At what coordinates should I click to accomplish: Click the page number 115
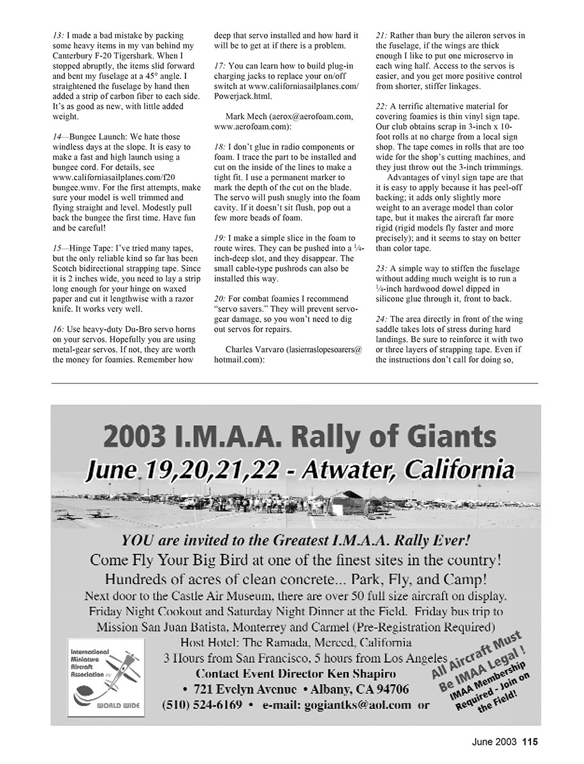[531, 741]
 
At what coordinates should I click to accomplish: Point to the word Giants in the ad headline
[446, 439]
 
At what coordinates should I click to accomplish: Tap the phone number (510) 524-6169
[202, 705]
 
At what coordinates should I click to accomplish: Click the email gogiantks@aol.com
[364, 705]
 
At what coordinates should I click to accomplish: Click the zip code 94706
[388, 690]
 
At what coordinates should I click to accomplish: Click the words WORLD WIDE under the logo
[119, 706]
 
